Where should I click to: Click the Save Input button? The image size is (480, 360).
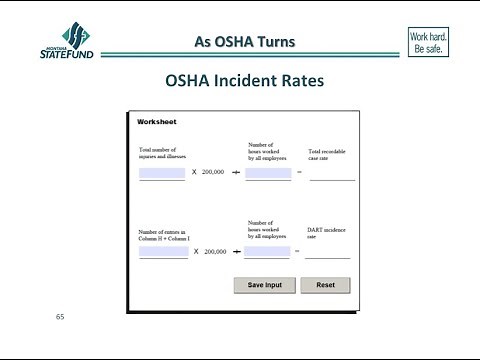(266, 285)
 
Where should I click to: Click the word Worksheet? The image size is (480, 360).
(157, 122)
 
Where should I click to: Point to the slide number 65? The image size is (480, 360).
(60, 317)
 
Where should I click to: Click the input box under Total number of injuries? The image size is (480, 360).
(162, 173)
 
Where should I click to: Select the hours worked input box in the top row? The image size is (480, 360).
(267, 173)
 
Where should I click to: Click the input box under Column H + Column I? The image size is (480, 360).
(163, 252)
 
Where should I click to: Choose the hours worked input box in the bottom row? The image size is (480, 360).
(267, 252)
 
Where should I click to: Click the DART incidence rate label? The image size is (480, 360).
(327, 233)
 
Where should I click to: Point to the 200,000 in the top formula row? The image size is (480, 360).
(213, 173)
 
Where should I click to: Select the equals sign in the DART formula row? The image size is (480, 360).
(298, 252)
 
